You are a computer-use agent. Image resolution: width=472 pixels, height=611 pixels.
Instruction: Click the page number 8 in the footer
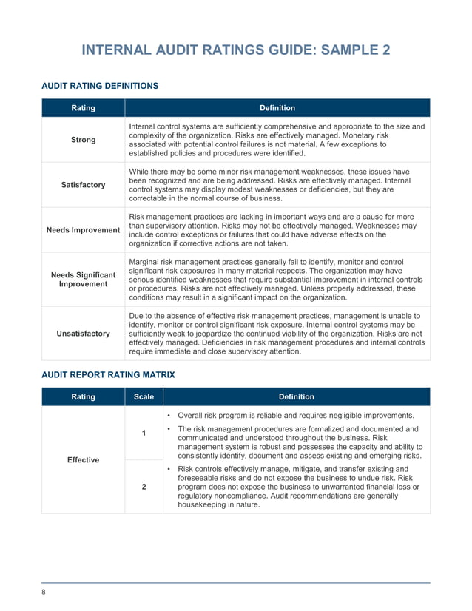pos(43,591)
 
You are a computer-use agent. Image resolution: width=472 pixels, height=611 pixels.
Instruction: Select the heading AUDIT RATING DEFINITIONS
pos(99,86)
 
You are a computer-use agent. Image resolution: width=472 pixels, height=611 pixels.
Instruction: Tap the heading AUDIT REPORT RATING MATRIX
pos(108,375)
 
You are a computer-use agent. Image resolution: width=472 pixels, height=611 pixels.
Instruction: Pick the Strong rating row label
pos(83,140)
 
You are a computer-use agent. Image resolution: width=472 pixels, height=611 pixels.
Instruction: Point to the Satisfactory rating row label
pos(83,185)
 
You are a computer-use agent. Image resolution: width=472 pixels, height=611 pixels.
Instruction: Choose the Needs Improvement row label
pos(83,230)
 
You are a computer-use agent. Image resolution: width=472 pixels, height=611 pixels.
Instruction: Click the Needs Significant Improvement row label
pos(83,280)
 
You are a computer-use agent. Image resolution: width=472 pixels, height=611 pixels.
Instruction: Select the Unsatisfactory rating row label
pos(83,333)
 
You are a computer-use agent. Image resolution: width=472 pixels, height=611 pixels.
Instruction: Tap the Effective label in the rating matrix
pos(83,460)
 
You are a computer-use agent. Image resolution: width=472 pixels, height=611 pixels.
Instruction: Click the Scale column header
pos(144,396)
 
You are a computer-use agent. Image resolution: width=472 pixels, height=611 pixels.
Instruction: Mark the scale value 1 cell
pos(144,433)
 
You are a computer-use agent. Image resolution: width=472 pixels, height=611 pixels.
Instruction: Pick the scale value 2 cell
pos(144,487)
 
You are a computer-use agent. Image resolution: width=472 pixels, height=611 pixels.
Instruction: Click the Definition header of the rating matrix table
pos(296,396)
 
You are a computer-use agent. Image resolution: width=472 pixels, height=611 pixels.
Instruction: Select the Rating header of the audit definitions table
pos(83,108)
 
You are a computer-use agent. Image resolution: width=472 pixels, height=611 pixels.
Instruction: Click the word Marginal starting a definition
pos(145,262)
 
